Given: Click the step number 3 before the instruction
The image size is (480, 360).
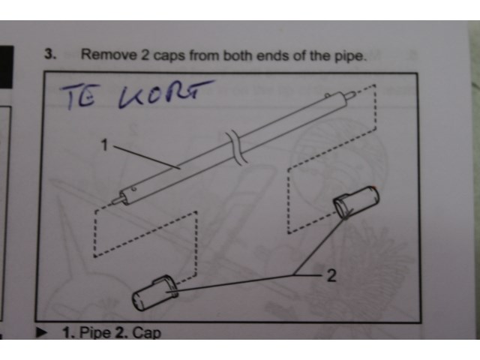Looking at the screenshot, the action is click(x=50, y=54).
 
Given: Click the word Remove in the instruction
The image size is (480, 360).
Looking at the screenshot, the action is click(x=109, y=55).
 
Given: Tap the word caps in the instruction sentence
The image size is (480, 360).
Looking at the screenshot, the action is click(x=169, y=56).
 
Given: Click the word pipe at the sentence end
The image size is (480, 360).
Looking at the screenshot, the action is click(x=350, y=57).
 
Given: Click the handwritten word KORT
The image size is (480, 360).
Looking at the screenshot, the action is click(x=165, y=93).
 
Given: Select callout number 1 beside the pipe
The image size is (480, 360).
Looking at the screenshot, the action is click(x=105, y=145).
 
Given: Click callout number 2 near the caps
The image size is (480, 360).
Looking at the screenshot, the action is click(x=331, y=275).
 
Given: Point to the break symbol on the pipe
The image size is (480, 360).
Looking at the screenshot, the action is click(x=237, y=148).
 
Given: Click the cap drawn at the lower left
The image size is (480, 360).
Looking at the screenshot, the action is click(x=155, y=293).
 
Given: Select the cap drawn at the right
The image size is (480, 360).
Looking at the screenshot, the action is click(x=356, y=202).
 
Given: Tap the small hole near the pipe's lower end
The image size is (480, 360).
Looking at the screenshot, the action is click(x=133, y=190).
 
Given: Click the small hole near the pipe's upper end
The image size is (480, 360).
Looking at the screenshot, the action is click(x=327, y=96).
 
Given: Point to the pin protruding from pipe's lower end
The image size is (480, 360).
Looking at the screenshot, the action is click(x=117, y=200).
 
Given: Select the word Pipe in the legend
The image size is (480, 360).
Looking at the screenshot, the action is click(x=95, y=333).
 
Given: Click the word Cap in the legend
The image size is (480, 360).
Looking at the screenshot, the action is click(x=147, y=333).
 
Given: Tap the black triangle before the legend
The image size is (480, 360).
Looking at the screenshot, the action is click(x=42, y=332).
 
